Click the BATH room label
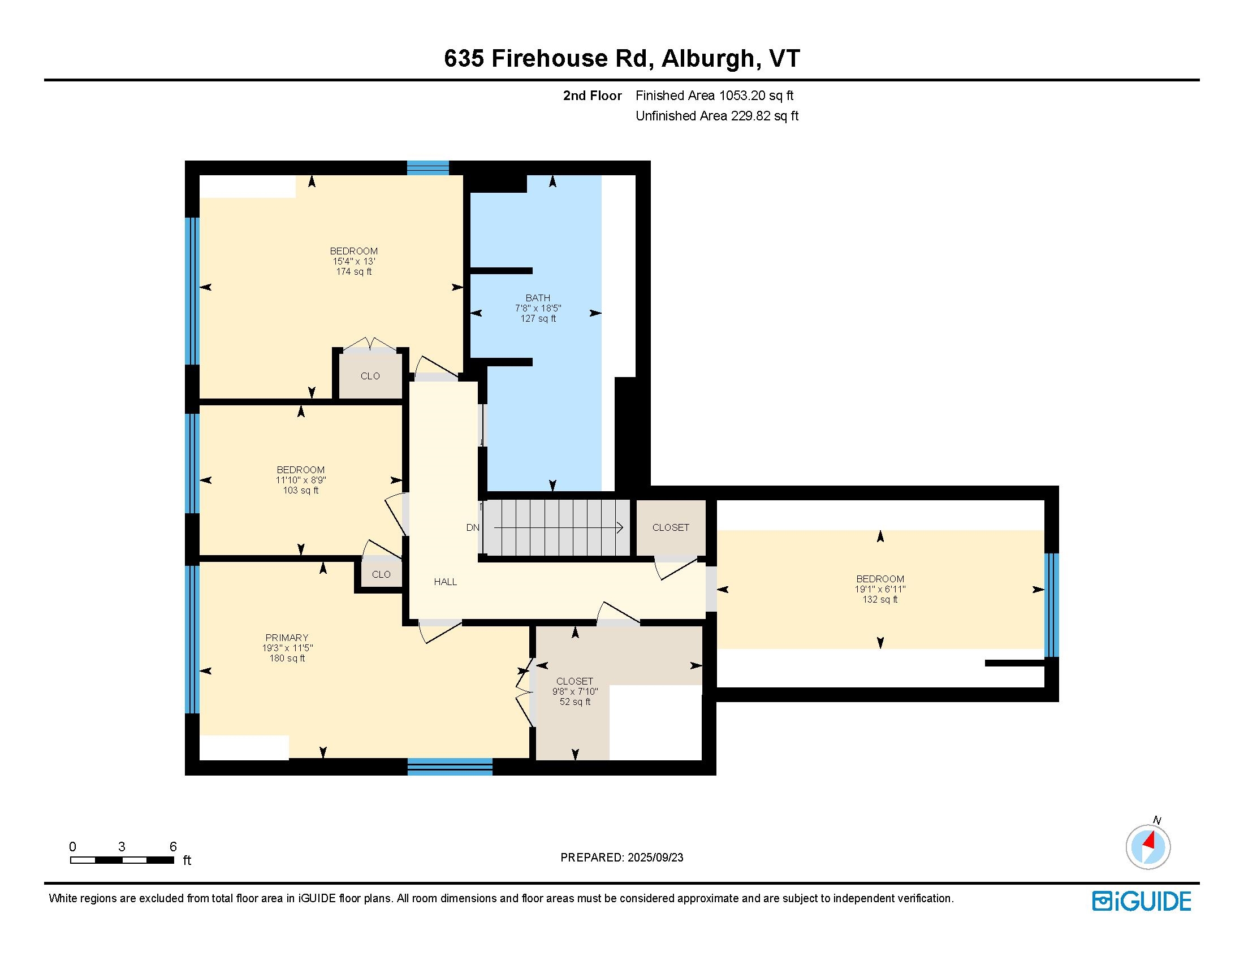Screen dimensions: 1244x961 point(538,298)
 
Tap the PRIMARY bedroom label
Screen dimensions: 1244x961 point(287,638)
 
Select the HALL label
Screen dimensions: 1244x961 point(446,582)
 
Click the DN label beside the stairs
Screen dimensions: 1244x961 point(473,528)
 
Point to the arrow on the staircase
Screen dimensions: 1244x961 point(558,528)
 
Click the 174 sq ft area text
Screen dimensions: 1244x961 point(354,271)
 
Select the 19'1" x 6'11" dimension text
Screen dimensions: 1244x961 point(880,589)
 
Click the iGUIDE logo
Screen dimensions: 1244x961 point(1142,901)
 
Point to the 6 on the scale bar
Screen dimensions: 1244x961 point(173,847)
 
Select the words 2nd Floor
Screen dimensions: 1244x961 point(593,96)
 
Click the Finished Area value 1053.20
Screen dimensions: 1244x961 point(738,96)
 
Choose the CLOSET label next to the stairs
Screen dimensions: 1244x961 point(671,528)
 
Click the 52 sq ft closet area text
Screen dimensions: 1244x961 point(575,702)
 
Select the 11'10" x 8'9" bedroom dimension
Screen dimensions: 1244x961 point(301,480)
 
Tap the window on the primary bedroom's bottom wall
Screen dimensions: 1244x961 point(450,767)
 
